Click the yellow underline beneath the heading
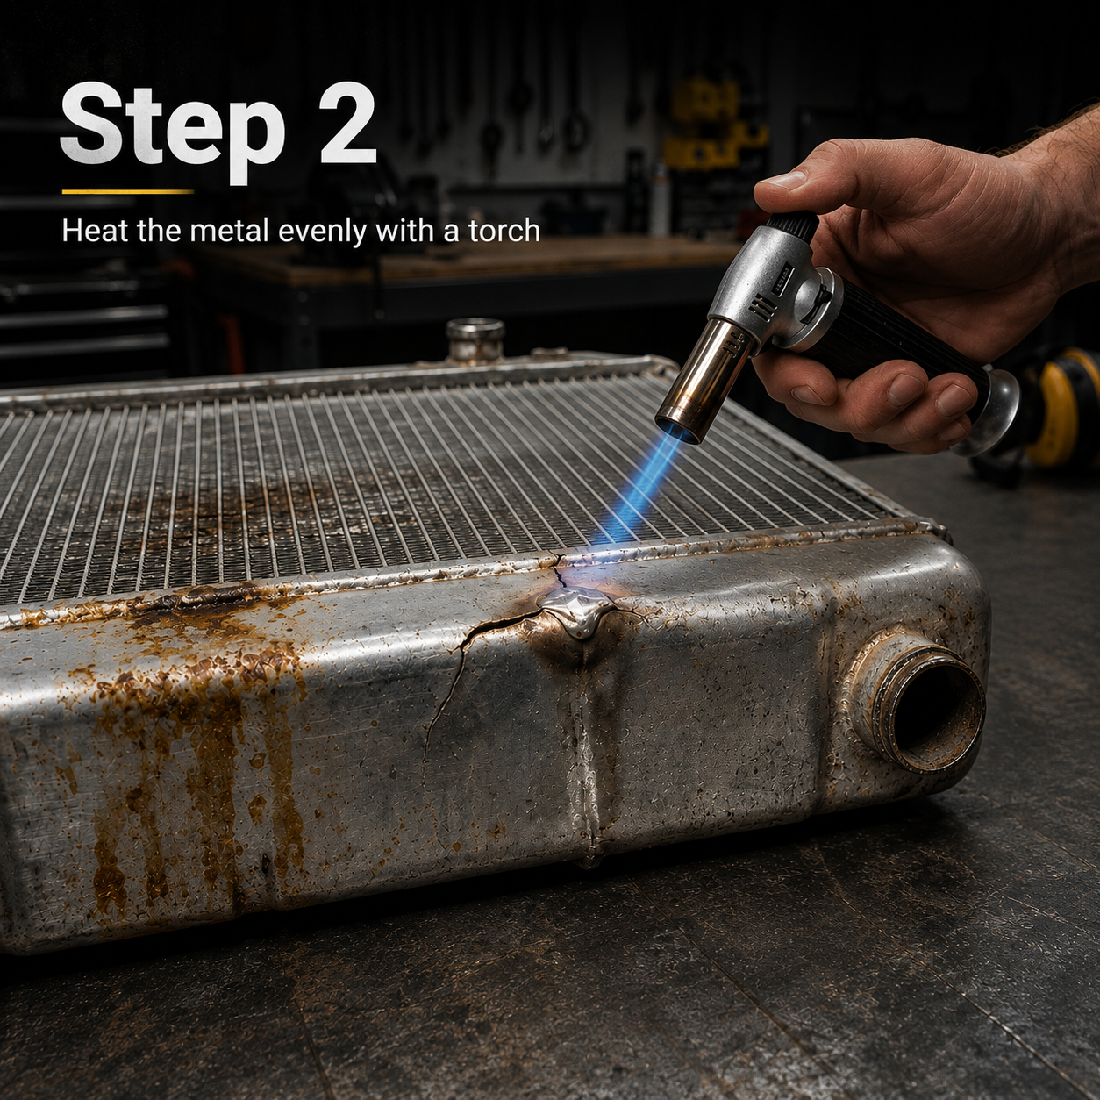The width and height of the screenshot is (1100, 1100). coord(127,192)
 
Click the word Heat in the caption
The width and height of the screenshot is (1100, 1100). coord(94,231)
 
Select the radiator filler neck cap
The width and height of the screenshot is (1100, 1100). coord(475,339)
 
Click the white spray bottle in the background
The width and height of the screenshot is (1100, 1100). coord(661,198)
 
